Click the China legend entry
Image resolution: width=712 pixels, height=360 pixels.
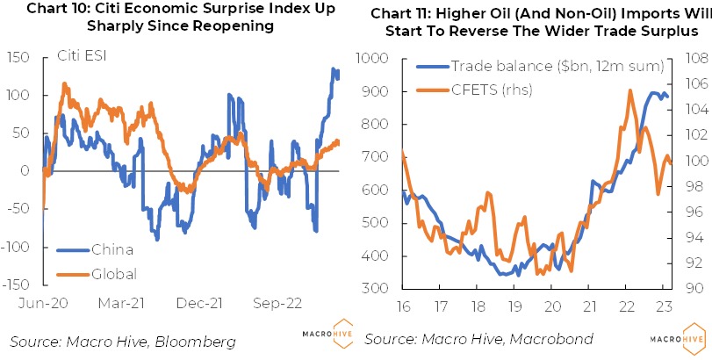click(114, 249)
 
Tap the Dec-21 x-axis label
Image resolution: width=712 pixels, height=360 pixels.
click(200, 303)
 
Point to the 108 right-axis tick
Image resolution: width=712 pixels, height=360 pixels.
click(687, 59)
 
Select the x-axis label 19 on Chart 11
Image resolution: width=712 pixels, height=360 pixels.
click(515, 306)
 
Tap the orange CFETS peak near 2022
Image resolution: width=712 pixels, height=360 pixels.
click(629, 90)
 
